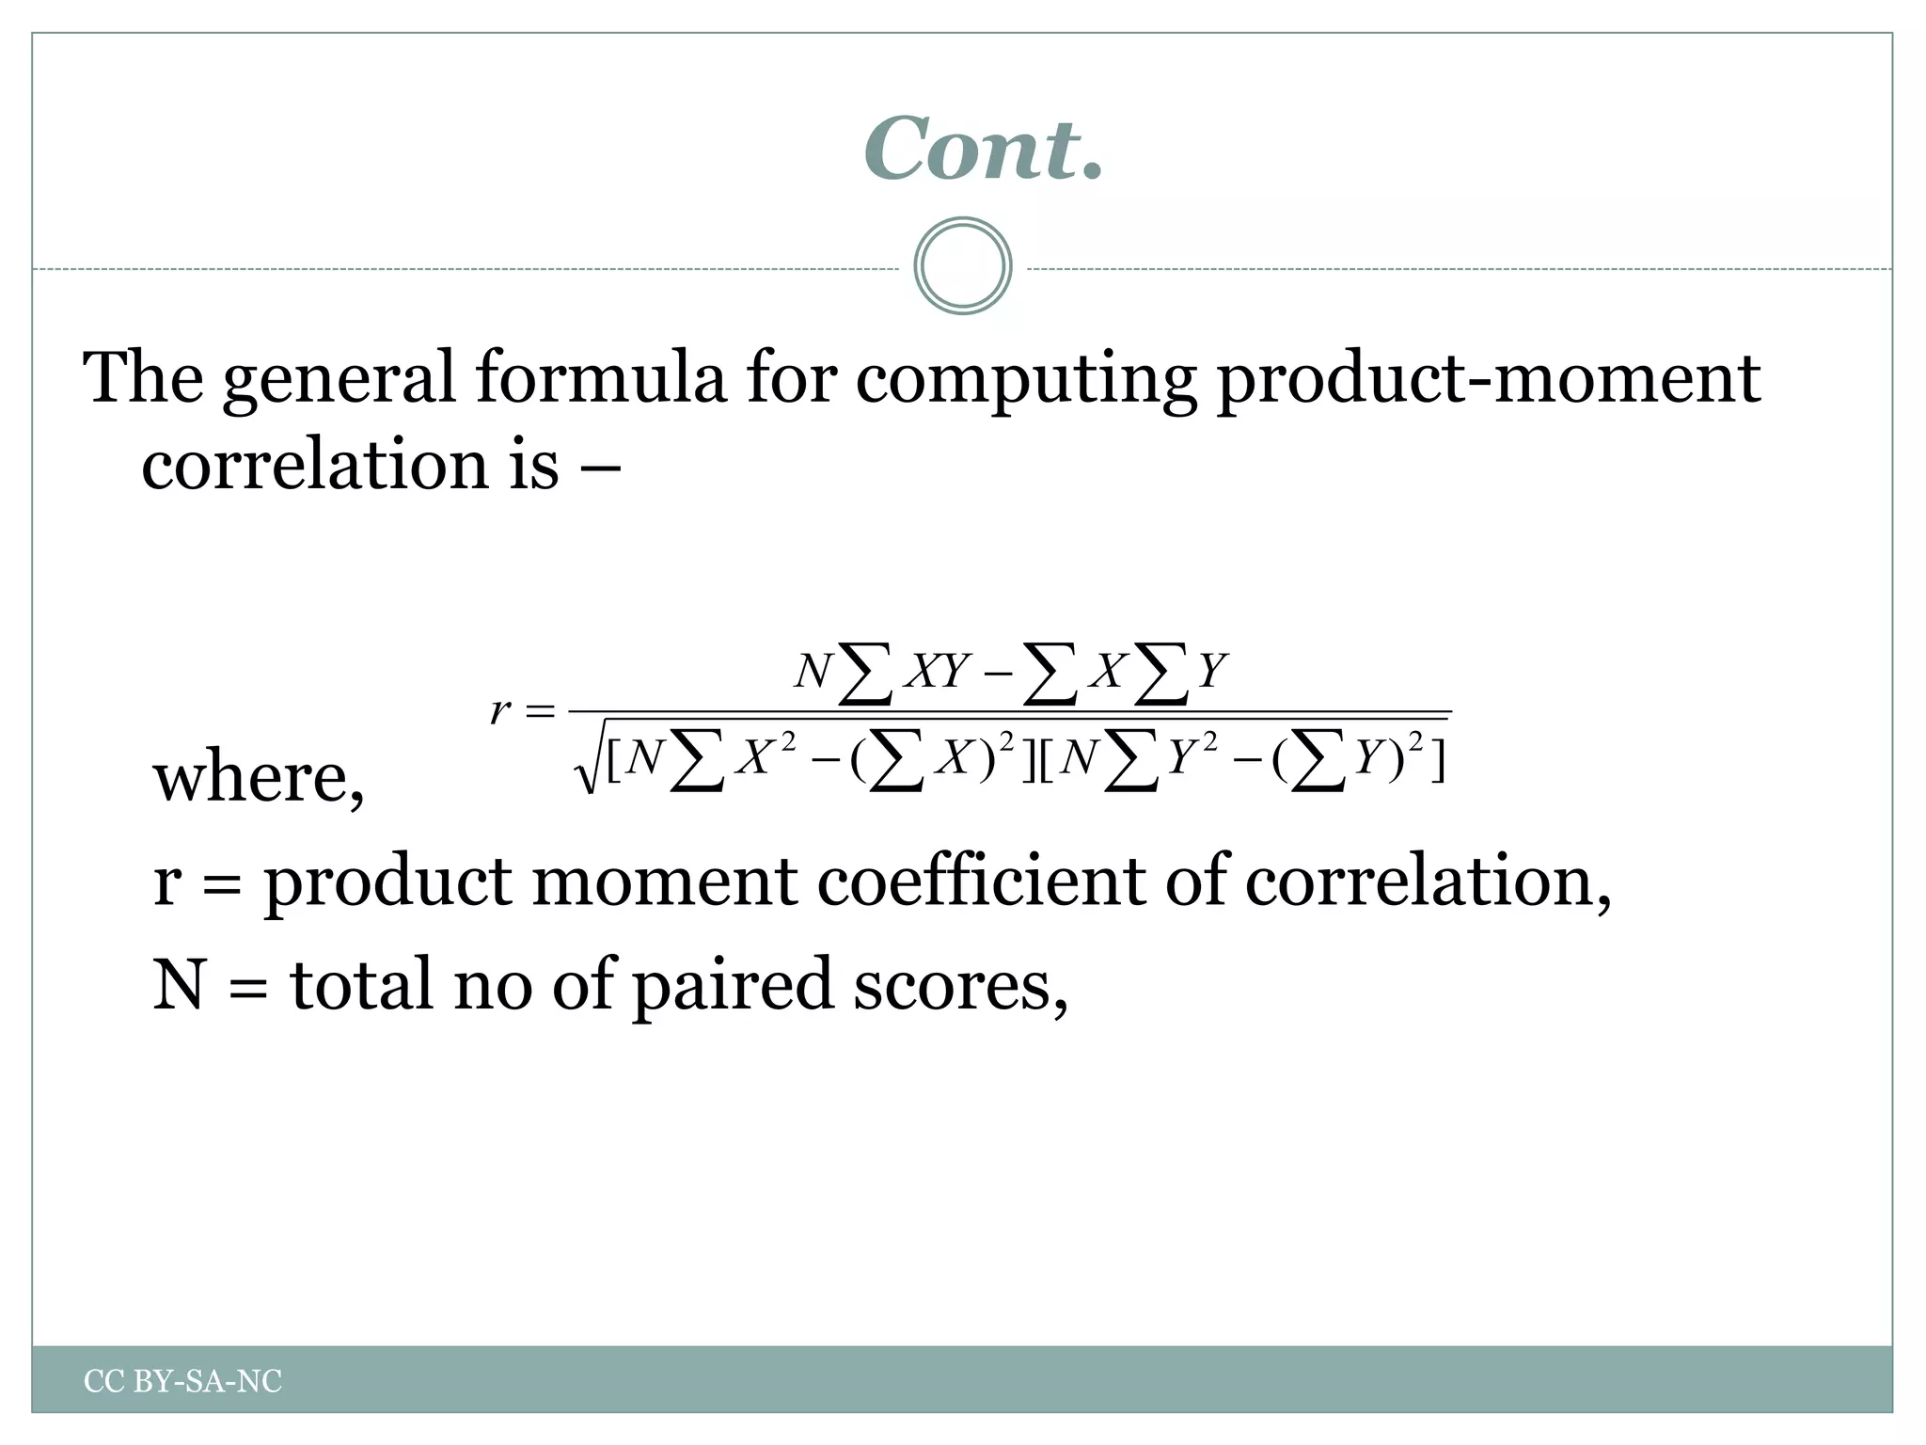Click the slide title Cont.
(983, 149)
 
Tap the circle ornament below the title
(962, 266)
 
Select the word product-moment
(1488, 378)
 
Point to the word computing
(1025, 380)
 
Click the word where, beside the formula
(259, 779)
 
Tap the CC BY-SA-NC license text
(182, 1381)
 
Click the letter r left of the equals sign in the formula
(500, 710)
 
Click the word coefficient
(982, 881)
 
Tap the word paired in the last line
(732, 984)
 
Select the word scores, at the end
(960, 986)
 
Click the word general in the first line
(339, 380)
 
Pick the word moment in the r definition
(664, 881)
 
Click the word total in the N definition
(363, 984)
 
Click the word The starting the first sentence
(143, 378)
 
